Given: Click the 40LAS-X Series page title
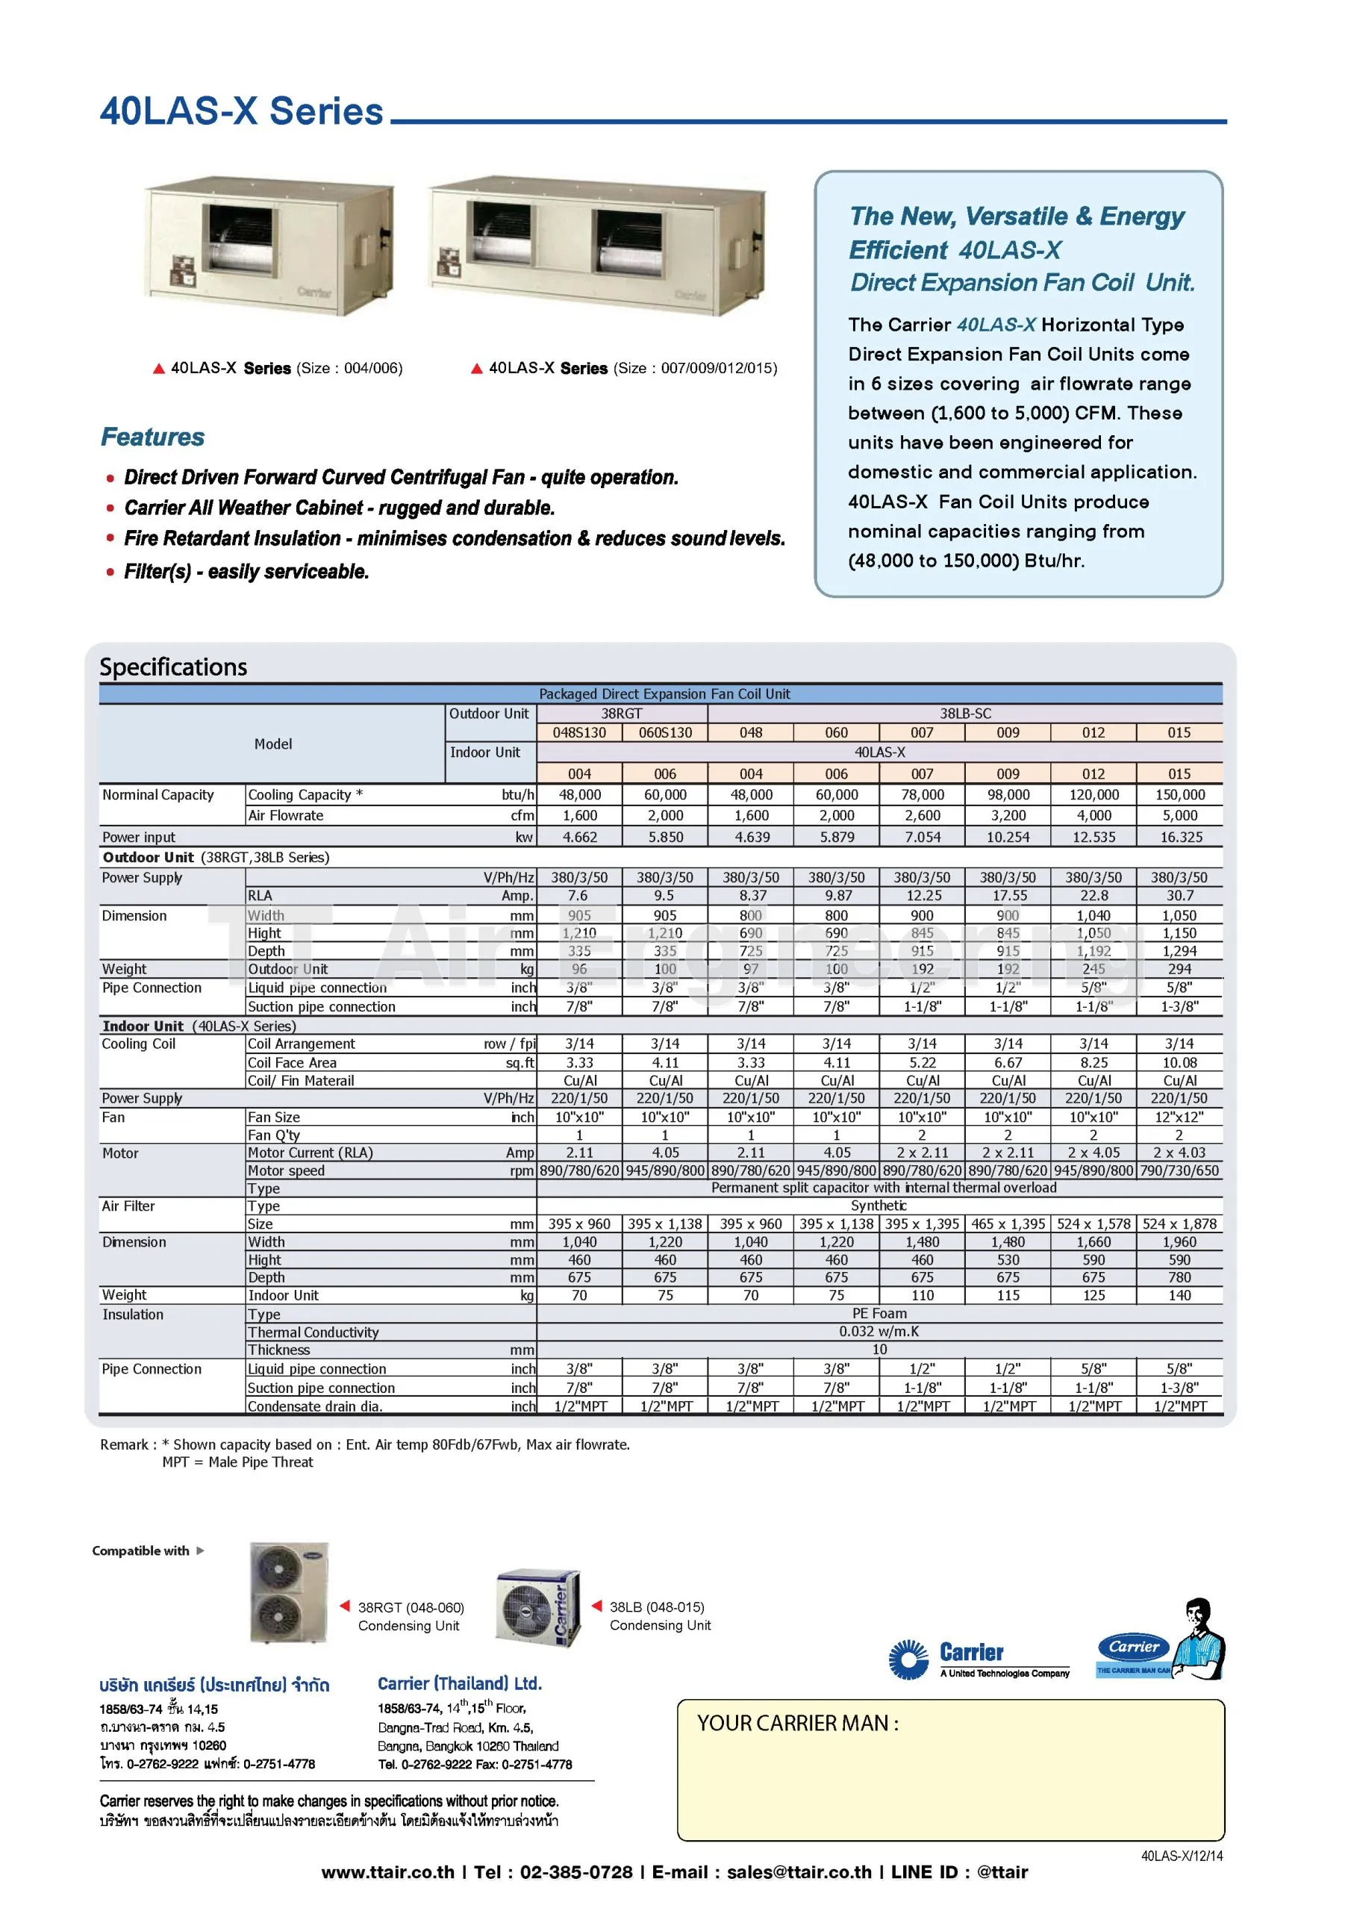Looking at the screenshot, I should [241, 111].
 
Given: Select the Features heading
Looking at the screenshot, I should [152, 437].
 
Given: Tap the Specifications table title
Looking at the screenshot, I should [173, 667].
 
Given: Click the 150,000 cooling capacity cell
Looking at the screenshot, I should [1179, 795].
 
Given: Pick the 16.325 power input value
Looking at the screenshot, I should [1180, 838].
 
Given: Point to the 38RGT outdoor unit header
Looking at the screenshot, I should [622, 714].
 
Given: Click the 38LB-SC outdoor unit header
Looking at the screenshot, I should [965, 714].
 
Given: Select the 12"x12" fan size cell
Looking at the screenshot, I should [1179, 1117].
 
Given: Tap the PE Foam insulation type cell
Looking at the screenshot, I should [879, 1313].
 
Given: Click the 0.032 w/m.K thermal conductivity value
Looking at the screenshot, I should [879, 1332].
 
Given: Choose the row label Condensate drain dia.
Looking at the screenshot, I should [315, 1406].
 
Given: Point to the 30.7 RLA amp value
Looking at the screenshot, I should [1179, 896].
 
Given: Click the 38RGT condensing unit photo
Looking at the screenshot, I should [289, 1593].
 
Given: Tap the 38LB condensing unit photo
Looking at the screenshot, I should [537, 1607].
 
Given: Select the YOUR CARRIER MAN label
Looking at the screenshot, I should [797, 1723].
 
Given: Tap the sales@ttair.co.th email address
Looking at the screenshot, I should [798, 1872].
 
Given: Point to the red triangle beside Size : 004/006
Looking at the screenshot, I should [159, 369].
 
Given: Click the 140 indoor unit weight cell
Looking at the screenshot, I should [1179, 1295].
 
